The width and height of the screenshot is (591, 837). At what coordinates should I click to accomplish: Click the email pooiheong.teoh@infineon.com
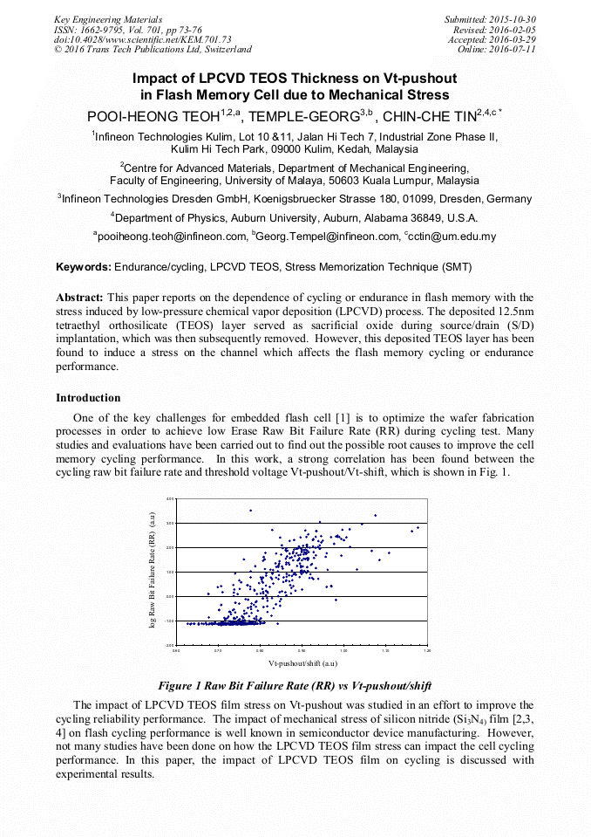(171, 237)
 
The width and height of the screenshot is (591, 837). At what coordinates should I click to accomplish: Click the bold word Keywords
(84, 266)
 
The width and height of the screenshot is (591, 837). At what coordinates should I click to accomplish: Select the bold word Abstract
(80, 298)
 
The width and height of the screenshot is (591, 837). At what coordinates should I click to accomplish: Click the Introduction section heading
(88, 398)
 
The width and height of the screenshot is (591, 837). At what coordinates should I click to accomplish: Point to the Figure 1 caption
(295, 685)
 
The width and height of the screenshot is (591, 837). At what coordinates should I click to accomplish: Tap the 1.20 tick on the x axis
(427, 650)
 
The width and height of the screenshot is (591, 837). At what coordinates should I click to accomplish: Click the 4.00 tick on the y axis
(170, 498)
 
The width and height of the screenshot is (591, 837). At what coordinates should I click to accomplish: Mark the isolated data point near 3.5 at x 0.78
(251, 511)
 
